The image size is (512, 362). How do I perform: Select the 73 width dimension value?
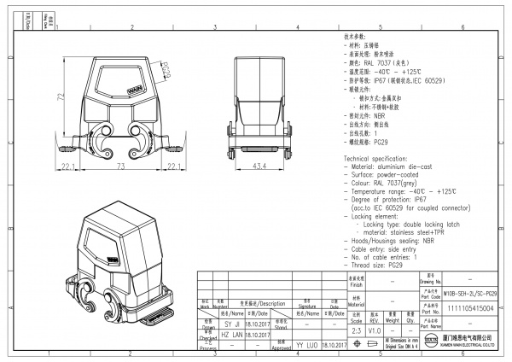pyautogui.click(x=120, y=166)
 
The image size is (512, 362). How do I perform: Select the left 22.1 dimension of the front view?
pyautogui.click(x=69, y=166)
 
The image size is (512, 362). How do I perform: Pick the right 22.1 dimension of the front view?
pyautogui.click(x=172, y=166)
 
